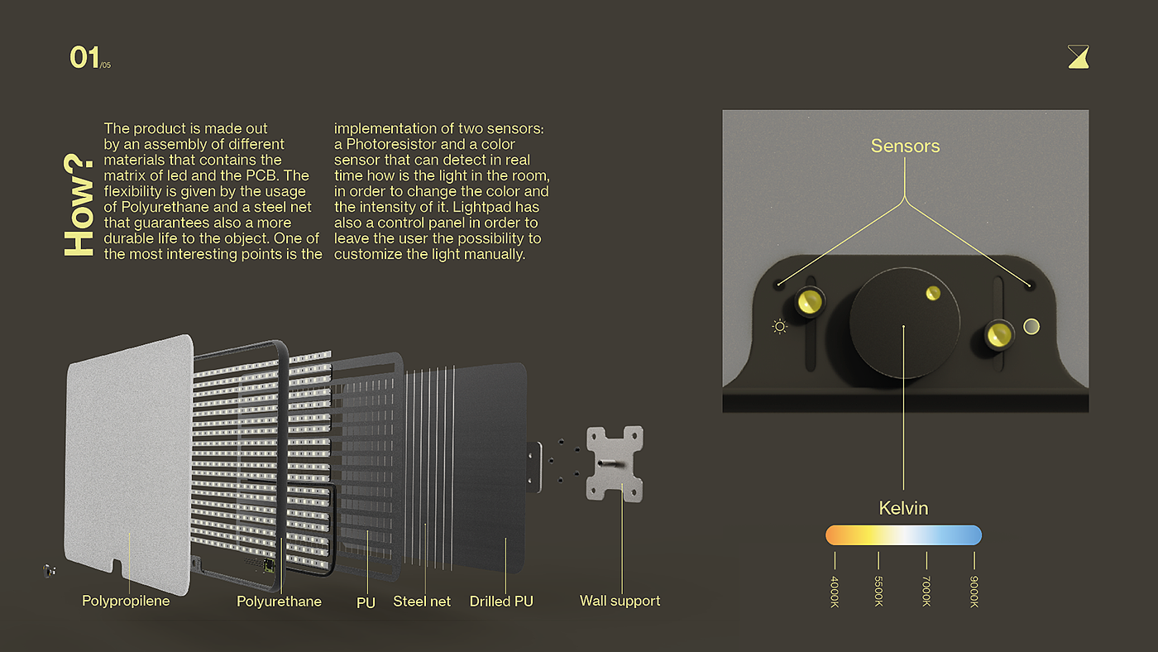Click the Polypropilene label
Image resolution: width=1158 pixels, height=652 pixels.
(126, 601)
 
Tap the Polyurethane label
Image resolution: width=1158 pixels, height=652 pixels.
(279, 602)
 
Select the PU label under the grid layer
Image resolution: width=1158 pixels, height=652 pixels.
(366, 603)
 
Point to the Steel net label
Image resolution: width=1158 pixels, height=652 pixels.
(422, 602)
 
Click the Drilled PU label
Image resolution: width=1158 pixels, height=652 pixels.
(501, 602)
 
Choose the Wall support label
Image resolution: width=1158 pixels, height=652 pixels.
(620, 601)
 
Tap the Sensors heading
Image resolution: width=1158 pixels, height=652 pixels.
(905, 146)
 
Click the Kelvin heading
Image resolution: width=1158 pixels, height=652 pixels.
(903, 508)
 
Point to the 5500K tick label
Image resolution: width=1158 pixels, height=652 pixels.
(879, 592)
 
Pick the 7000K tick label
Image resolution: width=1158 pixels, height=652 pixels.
(926, 592)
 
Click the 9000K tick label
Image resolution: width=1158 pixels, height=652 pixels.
(974, 592)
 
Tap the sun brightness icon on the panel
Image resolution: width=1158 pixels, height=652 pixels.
(779, 326)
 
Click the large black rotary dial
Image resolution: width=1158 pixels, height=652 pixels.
(904, 323)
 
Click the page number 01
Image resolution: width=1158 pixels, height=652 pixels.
(84, 58)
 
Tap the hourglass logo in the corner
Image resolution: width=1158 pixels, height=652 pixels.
(1078, 56)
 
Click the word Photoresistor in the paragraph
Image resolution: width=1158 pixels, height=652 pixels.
(390, 144)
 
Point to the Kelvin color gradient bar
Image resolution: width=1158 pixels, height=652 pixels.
(903, 535)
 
